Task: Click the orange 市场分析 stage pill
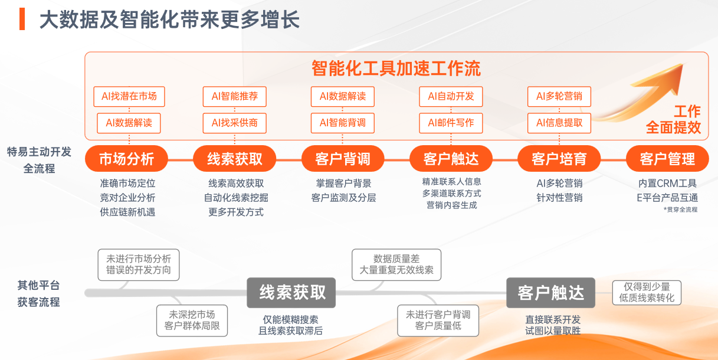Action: click(x=126, y=159)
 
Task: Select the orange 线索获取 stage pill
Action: click(x=235, y=159)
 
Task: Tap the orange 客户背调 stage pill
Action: click(x=343, y=159)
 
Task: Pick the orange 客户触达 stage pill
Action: click(x=451, y=159)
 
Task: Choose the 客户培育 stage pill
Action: click(x=559, y=159)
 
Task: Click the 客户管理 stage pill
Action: click(x=667, y=159)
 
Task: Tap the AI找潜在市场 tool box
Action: click(x=129, y=96)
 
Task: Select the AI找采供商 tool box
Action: click(x=235, y=123)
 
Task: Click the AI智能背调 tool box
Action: click(x=343, y=123)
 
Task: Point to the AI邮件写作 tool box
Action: click(x=451, y=123)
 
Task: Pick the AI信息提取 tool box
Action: click(x=559, y=123)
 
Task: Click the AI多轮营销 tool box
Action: click(x=559, y=96)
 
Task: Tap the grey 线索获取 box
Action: click(x=291, y=292)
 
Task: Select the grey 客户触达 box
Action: click(x=550, y=292)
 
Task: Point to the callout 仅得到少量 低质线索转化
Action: click(x=647, y=293)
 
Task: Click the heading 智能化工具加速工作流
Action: click(x=396, y=68)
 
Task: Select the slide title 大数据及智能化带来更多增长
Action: click(x=169, y=19)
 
